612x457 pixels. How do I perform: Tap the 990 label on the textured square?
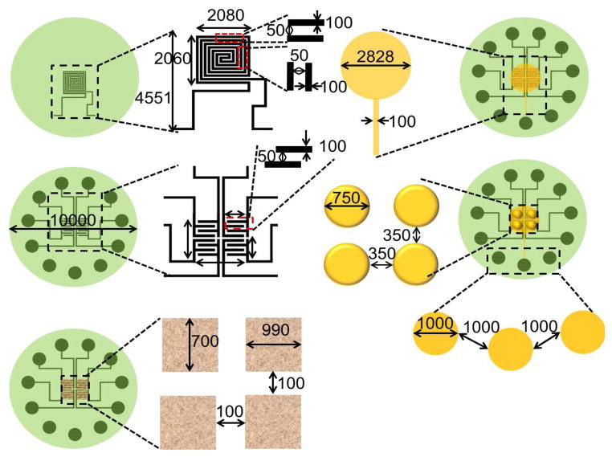(x=273, y=331)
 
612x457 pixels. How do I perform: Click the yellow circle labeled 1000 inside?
(x=435, y=331)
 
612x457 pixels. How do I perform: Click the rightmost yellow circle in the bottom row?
(x=581, y=331)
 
